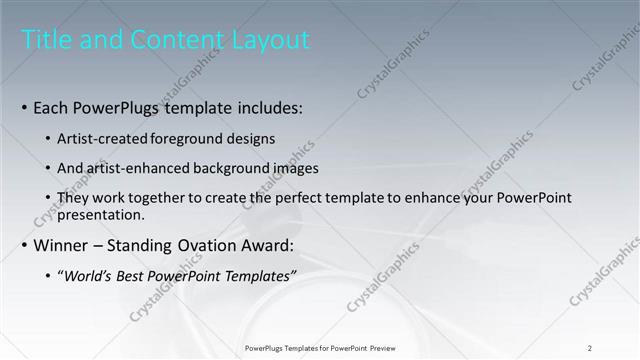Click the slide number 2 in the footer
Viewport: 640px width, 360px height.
[x=590, y=347]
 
